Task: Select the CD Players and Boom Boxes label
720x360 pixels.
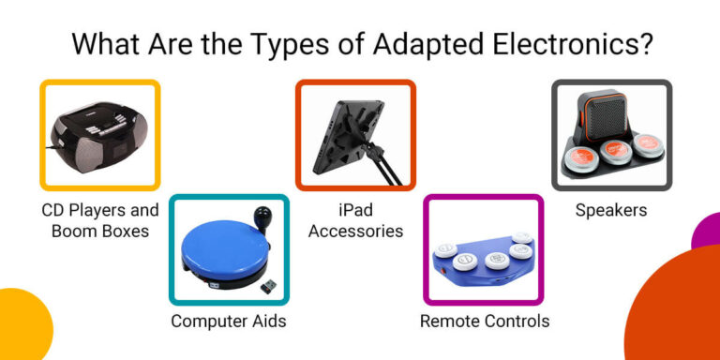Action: click(x=99, y=220)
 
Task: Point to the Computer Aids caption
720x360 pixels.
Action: click(x=228, y=322)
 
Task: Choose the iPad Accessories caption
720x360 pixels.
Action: click(x=355, y=220)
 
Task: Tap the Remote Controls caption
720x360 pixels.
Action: click(x=484, y=322)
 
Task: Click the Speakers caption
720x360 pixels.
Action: click(x=611, y=210)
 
